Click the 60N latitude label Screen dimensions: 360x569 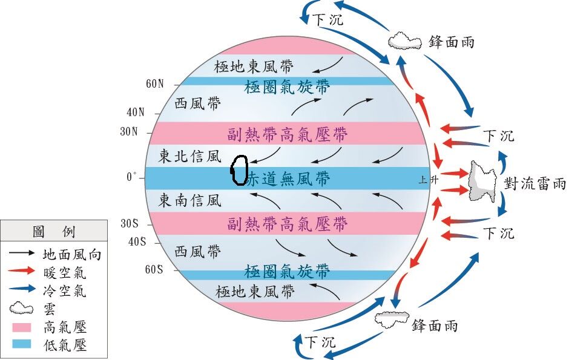(154, 83)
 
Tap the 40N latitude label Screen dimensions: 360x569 (136, 112)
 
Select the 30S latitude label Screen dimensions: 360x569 (130, 223)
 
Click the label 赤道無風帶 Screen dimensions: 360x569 (288, 178)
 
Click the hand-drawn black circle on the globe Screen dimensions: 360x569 (239, 171)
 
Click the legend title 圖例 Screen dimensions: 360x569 (53, 231)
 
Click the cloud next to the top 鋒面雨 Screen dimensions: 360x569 (404, 41)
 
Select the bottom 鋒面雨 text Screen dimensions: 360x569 (435, 326)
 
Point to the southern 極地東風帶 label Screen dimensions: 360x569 (255, 293)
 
